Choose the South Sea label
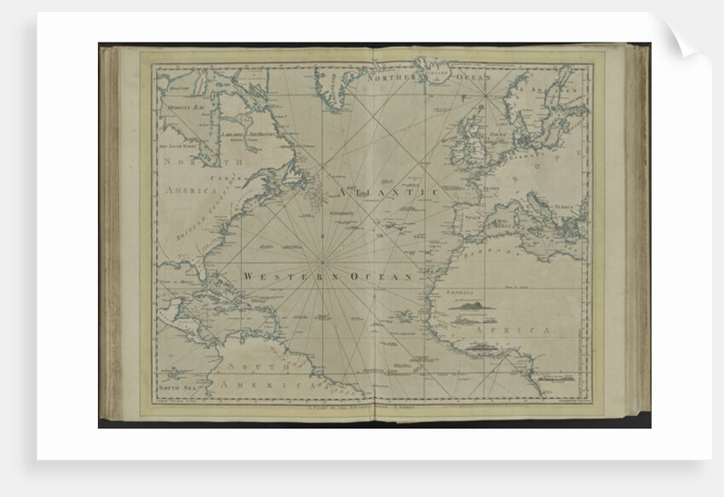pyautogui.click(x=175, y=387)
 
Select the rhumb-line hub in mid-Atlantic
pyautogui.click(x=324, y=259)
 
